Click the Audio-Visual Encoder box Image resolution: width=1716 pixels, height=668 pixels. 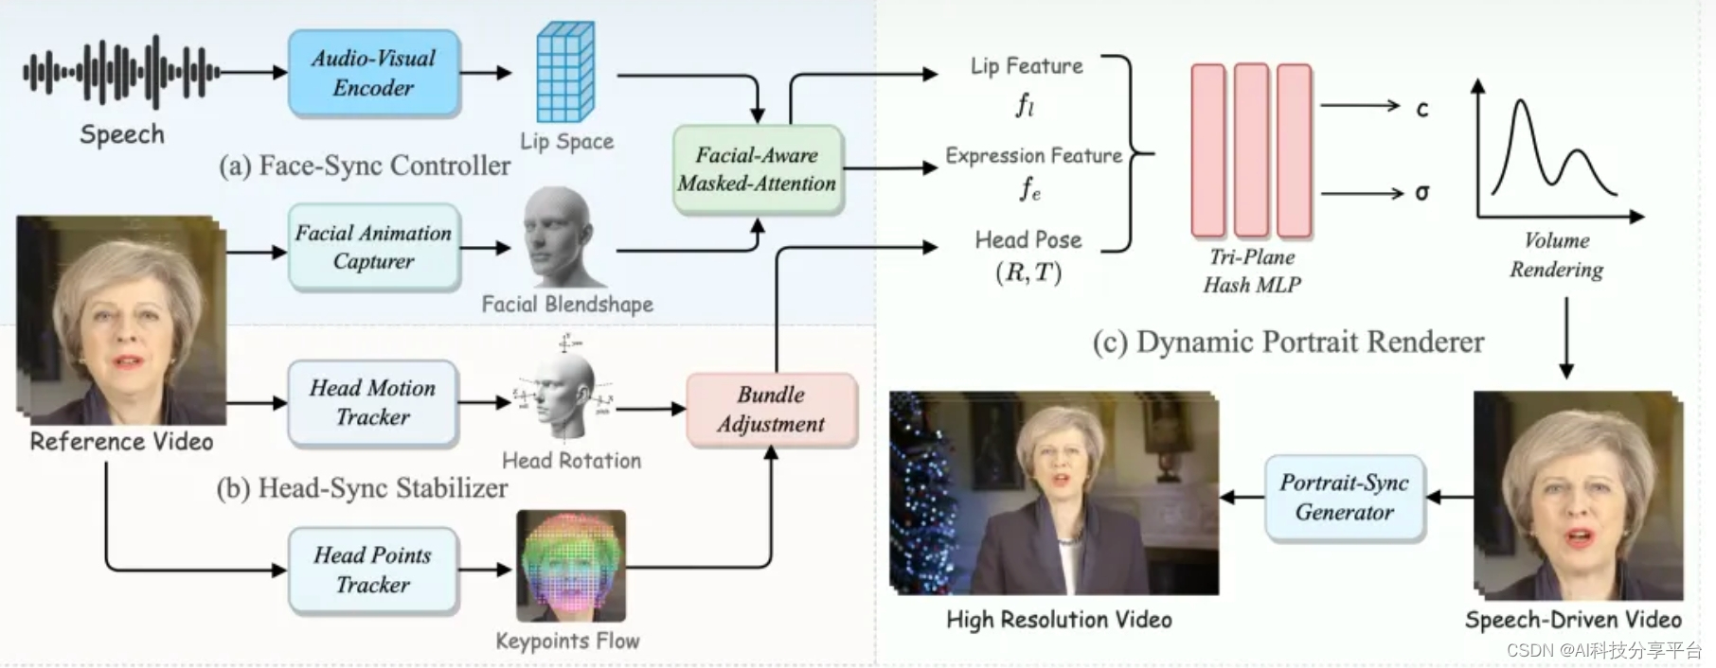click(373, 73)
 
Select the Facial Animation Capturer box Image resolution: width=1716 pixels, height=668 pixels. click(373, 247)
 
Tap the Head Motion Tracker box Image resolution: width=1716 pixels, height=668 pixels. click(373, 402)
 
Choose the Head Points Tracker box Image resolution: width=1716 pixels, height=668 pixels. click(373, 570)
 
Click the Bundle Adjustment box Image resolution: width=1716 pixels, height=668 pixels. click(771, 409)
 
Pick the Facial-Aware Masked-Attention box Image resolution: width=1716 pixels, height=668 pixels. click(757, 169)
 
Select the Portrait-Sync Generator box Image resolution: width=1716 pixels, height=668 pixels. click(1344, 498)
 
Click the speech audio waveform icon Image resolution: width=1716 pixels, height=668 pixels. click(121, 71)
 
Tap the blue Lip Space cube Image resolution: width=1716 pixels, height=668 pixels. click(565, 73)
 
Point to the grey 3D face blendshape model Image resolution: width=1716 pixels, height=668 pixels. click(563, 237)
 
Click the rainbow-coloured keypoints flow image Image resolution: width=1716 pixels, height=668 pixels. click(571, 566)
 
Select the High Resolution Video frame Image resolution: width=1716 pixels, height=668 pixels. click(1053, 494)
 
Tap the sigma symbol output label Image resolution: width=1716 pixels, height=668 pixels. click(1421, 193)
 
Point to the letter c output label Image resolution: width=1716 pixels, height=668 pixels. click(1421, 109)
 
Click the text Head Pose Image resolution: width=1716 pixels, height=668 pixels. click(1028, 240)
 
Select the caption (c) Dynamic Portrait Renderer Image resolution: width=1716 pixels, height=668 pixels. click(1288, 342)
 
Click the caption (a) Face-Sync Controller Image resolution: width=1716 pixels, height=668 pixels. click(365, 166)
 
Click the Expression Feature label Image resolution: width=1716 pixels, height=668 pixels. click(1033, 155)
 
